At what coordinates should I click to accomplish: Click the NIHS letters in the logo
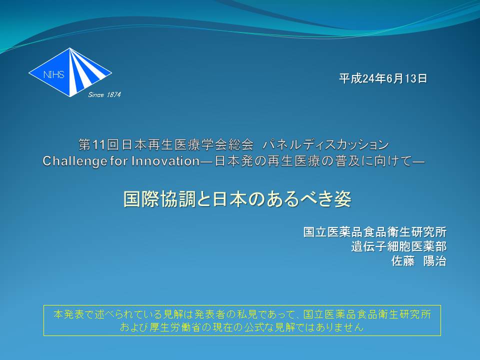point(53,74)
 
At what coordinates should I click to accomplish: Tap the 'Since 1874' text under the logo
point(104,95)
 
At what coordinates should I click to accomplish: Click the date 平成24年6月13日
point(382,78)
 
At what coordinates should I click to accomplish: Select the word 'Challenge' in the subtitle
point(74,161)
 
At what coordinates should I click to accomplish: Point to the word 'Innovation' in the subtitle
point(165,161)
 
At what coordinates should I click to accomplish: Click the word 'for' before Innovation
point(119,161)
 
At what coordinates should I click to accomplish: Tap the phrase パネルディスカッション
point(325,144)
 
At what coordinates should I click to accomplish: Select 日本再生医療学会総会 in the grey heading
point(187,144)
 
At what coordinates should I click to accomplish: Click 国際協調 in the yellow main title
point(159,199)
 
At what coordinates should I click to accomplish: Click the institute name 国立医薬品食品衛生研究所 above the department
point(374,231)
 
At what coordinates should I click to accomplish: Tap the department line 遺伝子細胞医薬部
point(398,246)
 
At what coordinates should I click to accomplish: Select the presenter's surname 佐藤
point(403,261)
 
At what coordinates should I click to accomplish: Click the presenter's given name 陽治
point(434,261)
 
